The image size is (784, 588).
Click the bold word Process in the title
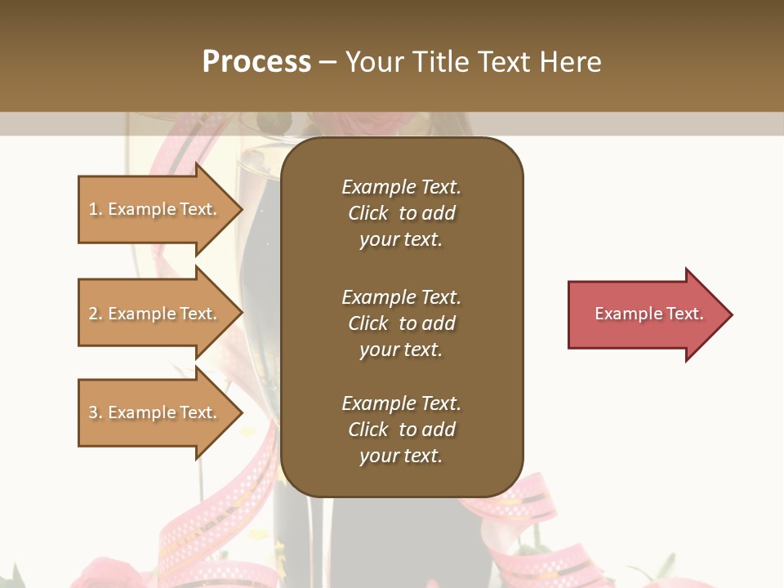click(256, 62)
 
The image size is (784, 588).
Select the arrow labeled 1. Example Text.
click(155, 209)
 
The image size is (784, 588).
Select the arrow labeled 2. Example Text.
click(155, 314)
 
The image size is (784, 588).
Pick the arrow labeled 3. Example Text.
click(155, 412)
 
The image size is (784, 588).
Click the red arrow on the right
click(645, 314)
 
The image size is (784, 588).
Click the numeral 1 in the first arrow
click(94, 209)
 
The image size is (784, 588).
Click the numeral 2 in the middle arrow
click(94, 314)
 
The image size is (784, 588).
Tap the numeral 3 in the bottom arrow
click(94, 412)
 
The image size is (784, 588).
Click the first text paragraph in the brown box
click(401, 213)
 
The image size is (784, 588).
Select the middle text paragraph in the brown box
click(401, 323)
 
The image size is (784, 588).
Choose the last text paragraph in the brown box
click(401, 430)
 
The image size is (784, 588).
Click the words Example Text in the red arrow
click(648, 314)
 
